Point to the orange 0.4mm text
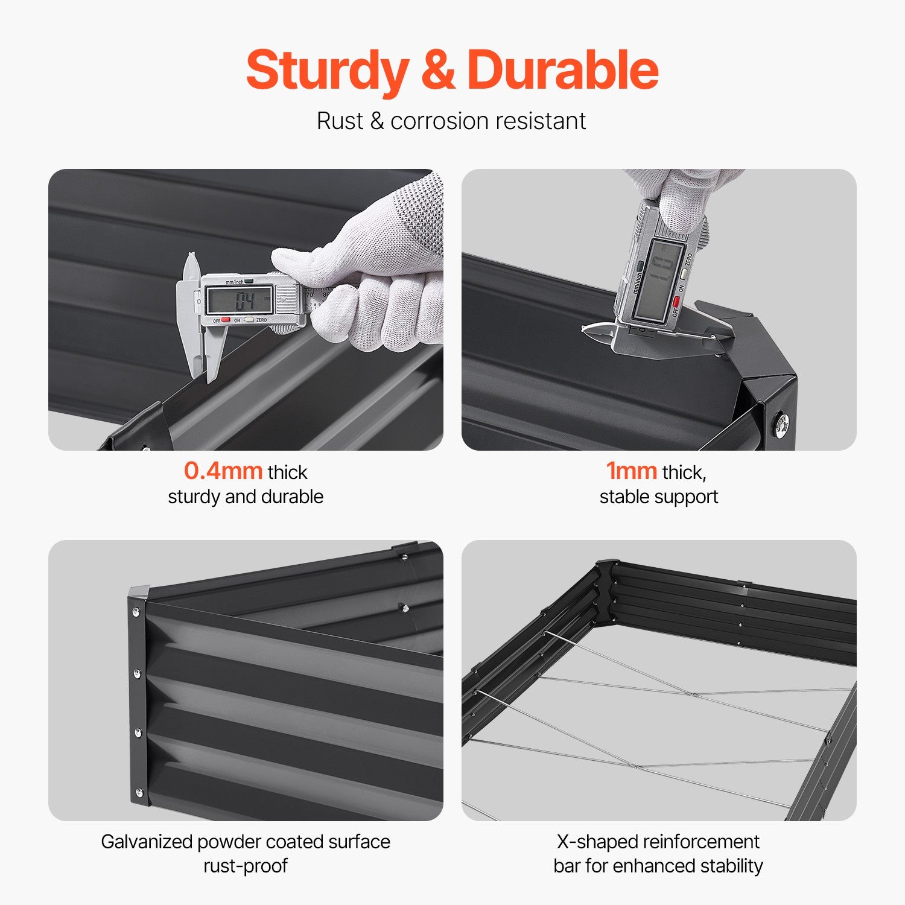coord(223,471)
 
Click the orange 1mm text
coord(631,471)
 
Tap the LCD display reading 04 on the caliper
coord(240,299)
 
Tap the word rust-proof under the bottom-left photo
coord(246,866)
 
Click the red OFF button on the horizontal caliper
coord(225,320)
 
